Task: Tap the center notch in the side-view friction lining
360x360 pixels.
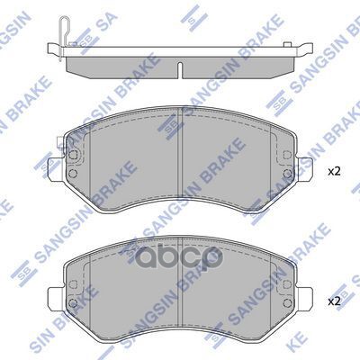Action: point(180,67)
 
